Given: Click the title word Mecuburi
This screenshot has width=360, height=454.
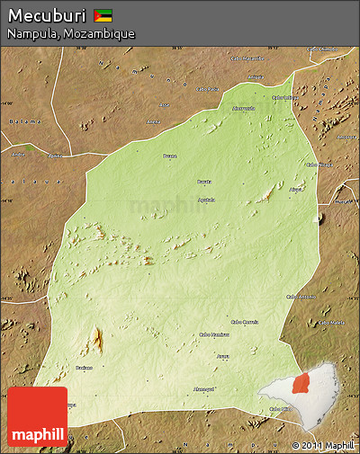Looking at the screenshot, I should pos(46,15).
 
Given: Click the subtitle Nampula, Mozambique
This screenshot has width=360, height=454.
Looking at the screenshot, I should pos(71,33).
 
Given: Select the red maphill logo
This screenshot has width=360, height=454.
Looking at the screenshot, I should pos(37,416).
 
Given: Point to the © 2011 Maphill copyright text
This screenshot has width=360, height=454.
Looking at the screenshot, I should pos(323,445).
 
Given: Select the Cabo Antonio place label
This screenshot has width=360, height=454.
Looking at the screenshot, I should pos(300,296).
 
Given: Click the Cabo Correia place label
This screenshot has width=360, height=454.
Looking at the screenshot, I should pos(244,321).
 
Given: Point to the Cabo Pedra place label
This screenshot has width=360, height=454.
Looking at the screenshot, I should pos(207,89).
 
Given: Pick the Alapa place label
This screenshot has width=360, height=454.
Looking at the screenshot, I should pos(296,190).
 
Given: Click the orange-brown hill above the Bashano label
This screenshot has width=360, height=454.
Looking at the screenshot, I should pos(96,341).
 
